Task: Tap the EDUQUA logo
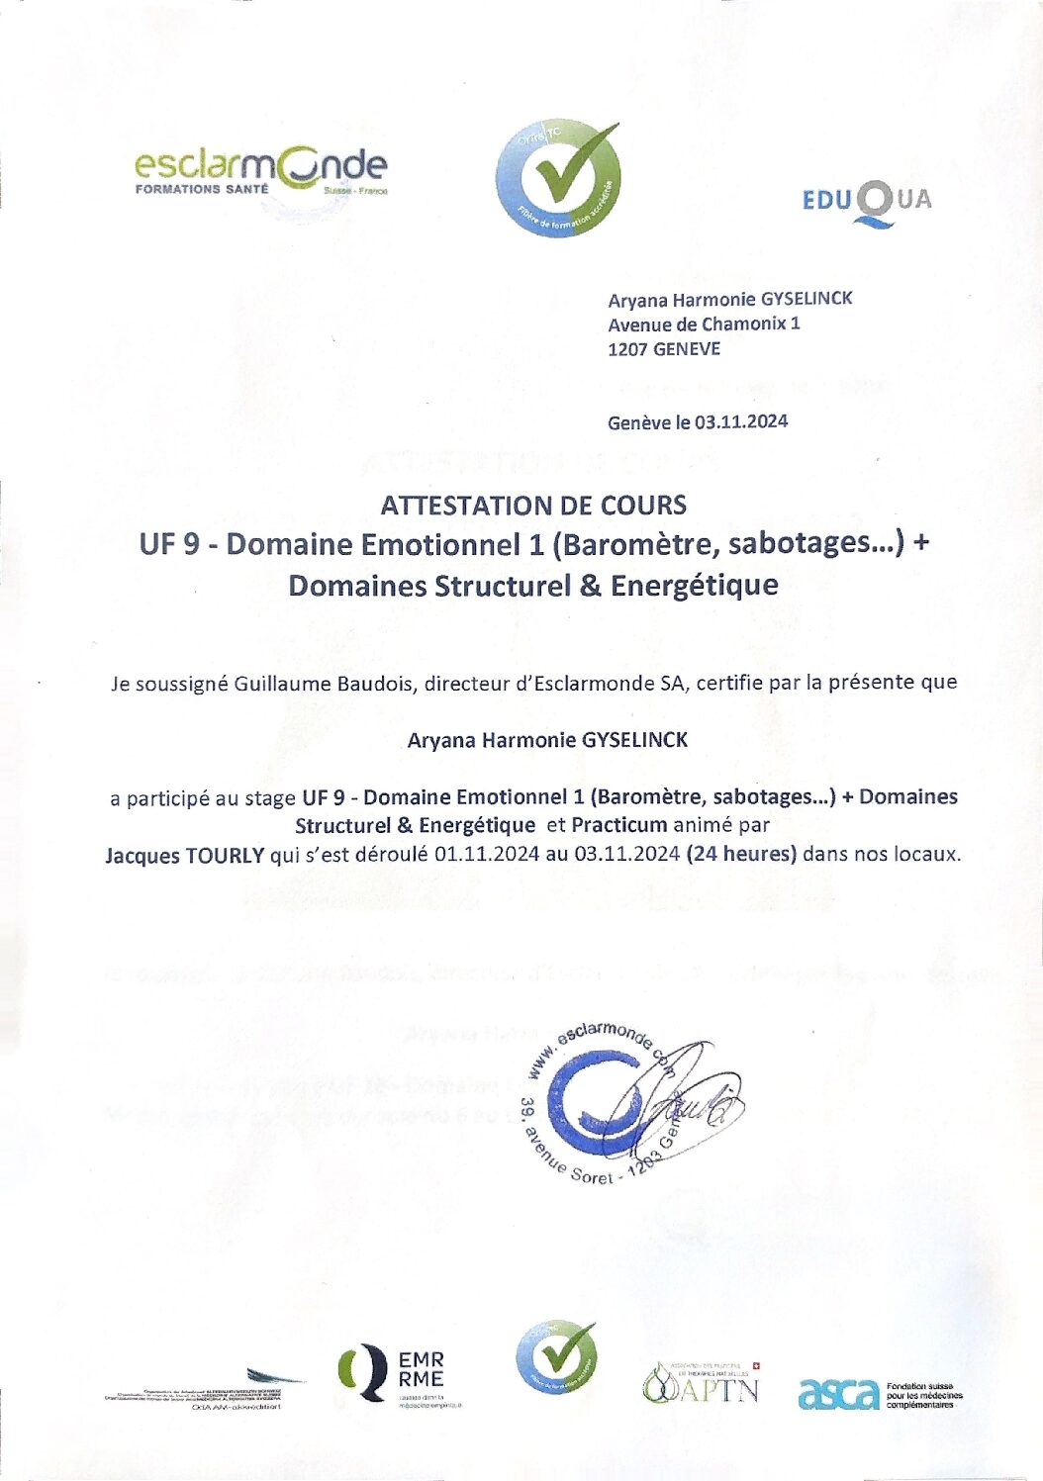(866, 202)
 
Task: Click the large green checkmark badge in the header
(560, 179)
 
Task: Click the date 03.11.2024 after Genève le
(741, 421)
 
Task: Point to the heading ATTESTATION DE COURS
(533, 506)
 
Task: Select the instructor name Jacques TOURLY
(185, 855)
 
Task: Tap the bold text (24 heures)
(740, 854)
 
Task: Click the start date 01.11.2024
(486, 854)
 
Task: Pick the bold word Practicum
(619, 825)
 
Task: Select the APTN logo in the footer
(701, 1384)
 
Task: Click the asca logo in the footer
(838, 1394)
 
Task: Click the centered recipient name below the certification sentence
(547, 740)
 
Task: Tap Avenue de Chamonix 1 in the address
(704, 324)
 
